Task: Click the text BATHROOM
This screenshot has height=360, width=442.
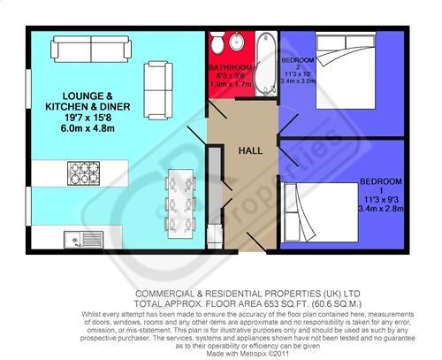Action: click(x=231, y=68)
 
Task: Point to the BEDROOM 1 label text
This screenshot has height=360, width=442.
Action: click(x=380, y=185)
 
